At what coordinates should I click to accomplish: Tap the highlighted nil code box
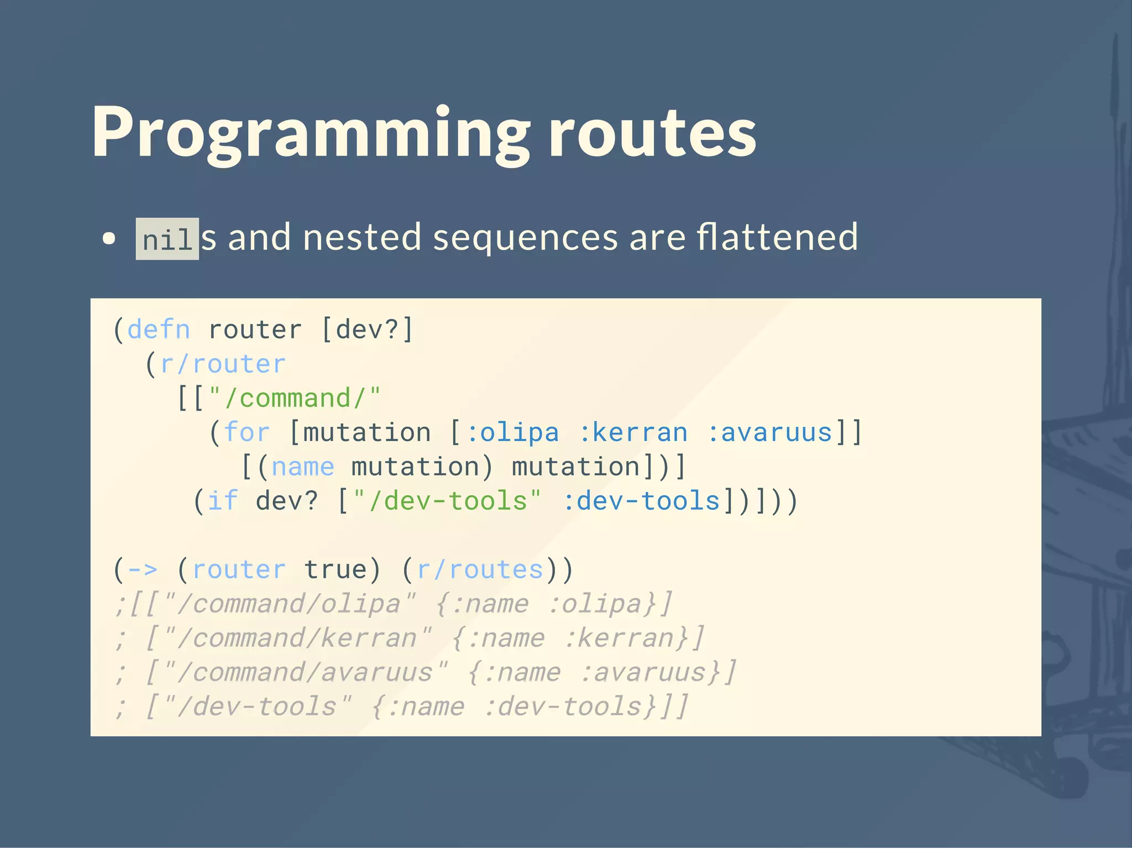(x=167, y=239)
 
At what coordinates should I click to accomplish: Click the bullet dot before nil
(x=109, y=239)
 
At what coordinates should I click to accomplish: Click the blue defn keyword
(x=159, y=330)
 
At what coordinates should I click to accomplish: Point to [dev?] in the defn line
(x=367, y=330)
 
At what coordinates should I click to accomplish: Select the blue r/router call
(x=223, y=364)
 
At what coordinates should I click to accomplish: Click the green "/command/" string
(x=295, y=398)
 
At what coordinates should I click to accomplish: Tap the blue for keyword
(x=247, y=433)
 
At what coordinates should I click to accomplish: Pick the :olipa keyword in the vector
(x=512, y=433)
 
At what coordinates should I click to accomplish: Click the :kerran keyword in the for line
(x=633, y=433)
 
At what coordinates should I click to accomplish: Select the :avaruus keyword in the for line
(x=769, y=433)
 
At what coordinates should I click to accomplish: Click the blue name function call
(x=303, y=467)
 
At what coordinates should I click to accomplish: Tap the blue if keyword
(x=223, y=501)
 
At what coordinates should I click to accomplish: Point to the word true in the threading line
(x=335, y=570)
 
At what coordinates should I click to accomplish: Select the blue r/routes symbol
(x=480, y=570)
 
